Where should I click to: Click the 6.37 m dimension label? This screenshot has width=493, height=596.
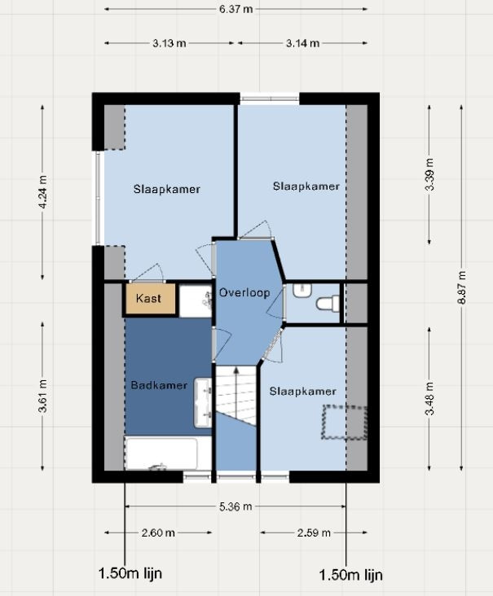[235, 9]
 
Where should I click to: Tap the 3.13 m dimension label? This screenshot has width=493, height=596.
[169, 43]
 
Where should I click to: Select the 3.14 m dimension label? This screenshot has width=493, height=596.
[303, 43]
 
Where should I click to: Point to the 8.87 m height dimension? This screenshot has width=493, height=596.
[461, 287]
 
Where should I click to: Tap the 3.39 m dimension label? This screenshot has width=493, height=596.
[429, 174]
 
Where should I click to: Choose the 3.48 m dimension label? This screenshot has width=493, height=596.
[429, 398]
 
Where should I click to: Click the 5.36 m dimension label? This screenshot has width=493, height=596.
[235, 506]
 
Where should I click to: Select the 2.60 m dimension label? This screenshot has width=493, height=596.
[158, 532]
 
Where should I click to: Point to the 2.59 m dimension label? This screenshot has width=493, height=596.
[314, 532]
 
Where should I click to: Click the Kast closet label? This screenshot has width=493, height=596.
[148, 298]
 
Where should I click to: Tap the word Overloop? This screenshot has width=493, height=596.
[244, 292]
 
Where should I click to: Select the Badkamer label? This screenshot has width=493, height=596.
[159, 385]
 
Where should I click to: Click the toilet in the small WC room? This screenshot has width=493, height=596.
[328, 304]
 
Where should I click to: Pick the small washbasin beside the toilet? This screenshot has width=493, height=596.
[302, 290]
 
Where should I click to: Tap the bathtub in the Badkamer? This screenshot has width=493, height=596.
[161, 454]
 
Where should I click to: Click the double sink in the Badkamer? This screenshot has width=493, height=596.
[203, 402]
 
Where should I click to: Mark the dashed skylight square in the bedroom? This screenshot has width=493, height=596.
[345, 423]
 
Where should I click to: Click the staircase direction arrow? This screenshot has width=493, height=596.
[235, 393]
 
